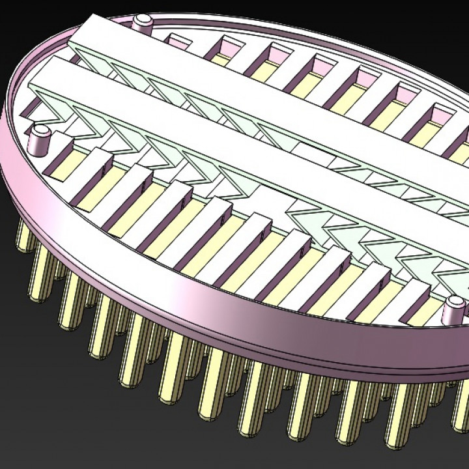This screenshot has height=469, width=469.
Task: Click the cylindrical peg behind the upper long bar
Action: [142, 22]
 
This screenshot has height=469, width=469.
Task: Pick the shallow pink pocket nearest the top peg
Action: [177, 40]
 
